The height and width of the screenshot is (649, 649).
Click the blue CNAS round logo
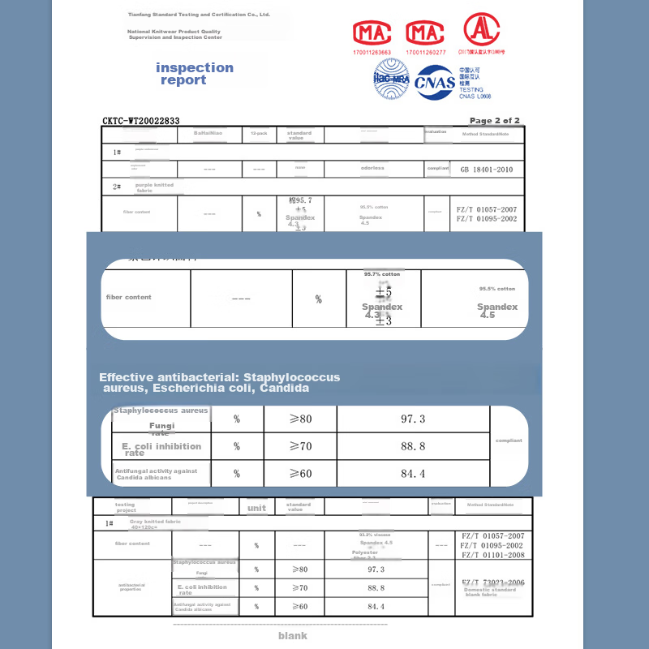[x=435, y=81]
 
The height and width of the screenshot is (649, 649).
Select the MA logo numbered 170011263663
[x=372, y=33]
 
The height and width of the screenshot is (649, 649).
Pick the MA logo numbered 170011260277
[x=426, y=33]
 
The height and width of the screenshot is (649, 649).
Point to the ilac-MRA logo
[x=391, y=79]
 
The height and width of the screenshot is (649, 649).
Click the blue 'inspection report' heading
[x=195, y=74]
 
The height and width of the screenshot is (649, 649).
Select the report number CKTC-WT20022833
[x=141, y=121]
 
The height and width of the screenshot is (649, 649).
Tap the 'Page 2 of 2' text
[x=495, y=121]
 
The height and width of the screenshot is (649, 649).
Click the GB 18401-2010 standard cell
[x=487, y=170]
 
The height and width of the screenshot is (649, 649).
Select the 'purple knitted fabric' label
[x=155, y=187]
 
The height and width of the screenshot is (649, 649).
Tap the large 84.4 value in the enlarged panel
[x=413, y=474]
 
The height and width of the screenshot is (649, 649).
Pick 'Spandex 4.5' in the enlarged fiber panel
[x=496, y=311]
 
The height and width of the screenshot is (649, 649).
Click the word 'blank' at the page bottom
[x=293, y=636]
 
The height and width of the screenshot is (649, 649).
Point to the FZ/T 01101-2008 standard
[x=492, y=555]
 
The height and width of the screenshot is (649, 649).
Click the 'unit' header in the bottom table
[x=256, y=508]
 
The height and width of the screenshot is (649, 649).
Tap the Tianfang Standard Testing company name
[x=199, y=15]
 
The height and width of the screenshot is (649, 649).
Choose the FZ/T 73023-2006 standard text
[x=493, y=582]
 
